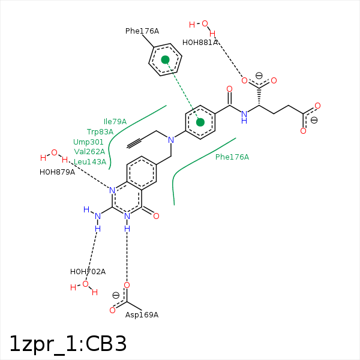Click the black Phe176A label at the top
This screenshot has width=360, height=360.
click(142, 31)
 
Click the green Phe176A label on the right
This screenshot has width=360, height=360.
click(232, 157)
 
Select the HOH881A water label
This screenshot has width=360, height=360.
click(200, 43)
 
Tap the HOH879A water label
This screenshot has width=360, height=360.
click(57, 172)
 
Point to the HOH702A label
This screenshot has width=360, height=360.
click(88, 272)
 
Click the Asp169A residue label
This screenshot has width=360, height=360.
click(142, 315)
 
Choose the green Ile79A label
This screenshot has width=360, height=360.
click(115, 122)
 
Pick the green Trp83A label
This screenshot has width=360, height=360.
click(100, 132)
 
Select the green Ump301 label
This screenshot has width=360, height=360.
click(89, 142)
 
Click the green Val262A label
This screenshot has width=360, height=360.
click(89, 152)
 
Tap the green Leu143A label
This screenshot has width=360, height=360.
click(90, 162)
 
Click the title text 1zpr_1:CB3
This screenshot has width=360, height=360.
click(68, 343)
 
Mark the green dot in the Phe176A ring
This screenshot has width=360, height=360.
click(165, 59)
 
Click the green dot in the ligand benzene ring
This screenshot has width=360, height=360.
click(200, 122)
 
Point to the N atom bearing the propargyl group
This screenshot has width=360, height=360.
click(171, 140)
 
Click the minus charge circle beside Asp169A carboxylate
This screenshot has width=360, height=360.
click(116, 295)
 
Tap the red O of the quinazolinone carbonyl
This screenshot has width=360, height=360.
click(156, 215)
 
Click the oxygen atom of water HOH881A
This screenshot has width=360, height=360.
click(205, 24)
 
